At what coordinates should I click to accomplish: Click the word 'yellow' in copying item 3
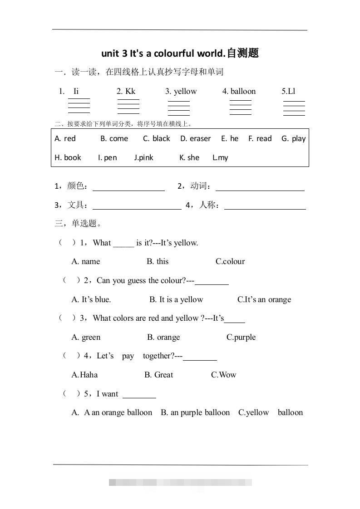coord(185,91)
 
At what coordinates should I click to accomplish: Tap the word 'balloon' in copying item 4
coord(243,91)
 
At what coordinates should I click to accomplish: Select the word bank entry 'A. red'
coord(65,138)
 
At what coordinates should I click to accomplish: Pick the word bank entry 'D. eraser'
coord(195,138)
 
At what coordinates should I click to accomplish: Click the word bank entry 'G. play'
coord(293,138)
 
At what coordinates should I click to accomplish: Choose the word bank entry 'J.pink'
coord(143,157)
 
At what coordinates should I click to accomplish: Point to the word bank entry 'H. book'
coord(68,157)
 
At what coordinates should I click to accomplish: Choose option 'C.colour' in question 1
coord(230,261)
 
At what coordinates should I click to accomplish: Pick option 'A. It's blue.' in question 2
coord(91,299)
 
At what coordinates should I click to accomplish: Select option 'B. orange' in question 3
coord(163,337)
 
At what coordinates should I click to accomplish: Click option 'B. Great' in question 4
coord(159,375)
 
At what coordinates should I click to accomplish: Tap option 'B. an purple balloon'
coord(195,412)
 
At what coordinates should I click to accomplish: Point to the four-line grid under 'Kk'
coord(128,107)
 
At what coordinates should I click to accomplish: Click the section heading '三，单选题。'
coord(78,223)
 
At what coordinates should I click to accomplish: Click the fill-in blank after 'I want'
coord(139,395)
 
